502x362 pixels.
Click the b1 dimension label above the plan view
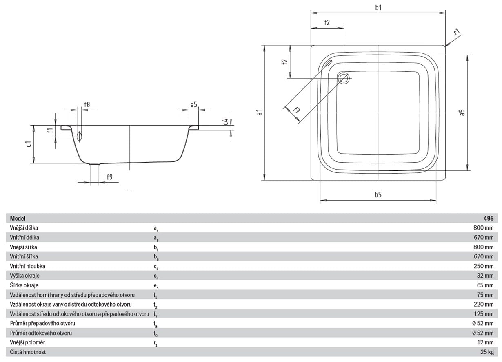pos(378,8)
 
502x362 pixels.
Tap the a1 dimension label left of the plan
pos(259,112)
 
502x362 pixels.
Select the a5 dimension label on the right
pos(462,112)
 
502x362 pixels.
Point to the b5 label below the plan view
pos(378,195)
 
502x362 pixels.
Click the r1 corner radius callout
pos(457,31)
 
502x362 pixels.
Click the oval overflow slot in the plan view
pos(328,63)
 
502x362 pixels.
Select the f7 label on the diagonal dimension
pos(297,110)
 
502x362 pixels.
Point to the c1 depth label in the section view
pos(29,144)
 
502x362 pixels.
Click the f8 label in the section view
pos(87,104)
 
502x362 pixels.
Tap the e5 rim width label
pos(193,104)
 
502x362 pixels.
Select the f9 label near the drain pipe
pos(110,177)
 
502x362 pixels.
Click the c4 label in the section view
pos(225,121)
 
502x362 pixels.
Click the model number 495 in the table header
pos(489,218)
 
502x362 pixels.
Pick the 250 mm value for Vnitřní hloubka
pos(483,266)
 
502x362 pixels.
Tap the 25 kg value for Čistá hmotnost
pos(487,352)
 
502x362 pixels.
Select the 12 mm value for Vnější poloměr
pos(485,342)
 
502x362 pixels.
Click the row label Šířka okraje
pos(24,285)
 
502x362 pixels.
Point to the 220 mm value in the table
pos(483,305)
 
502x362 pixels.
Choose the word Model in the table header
pos(18,218)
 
